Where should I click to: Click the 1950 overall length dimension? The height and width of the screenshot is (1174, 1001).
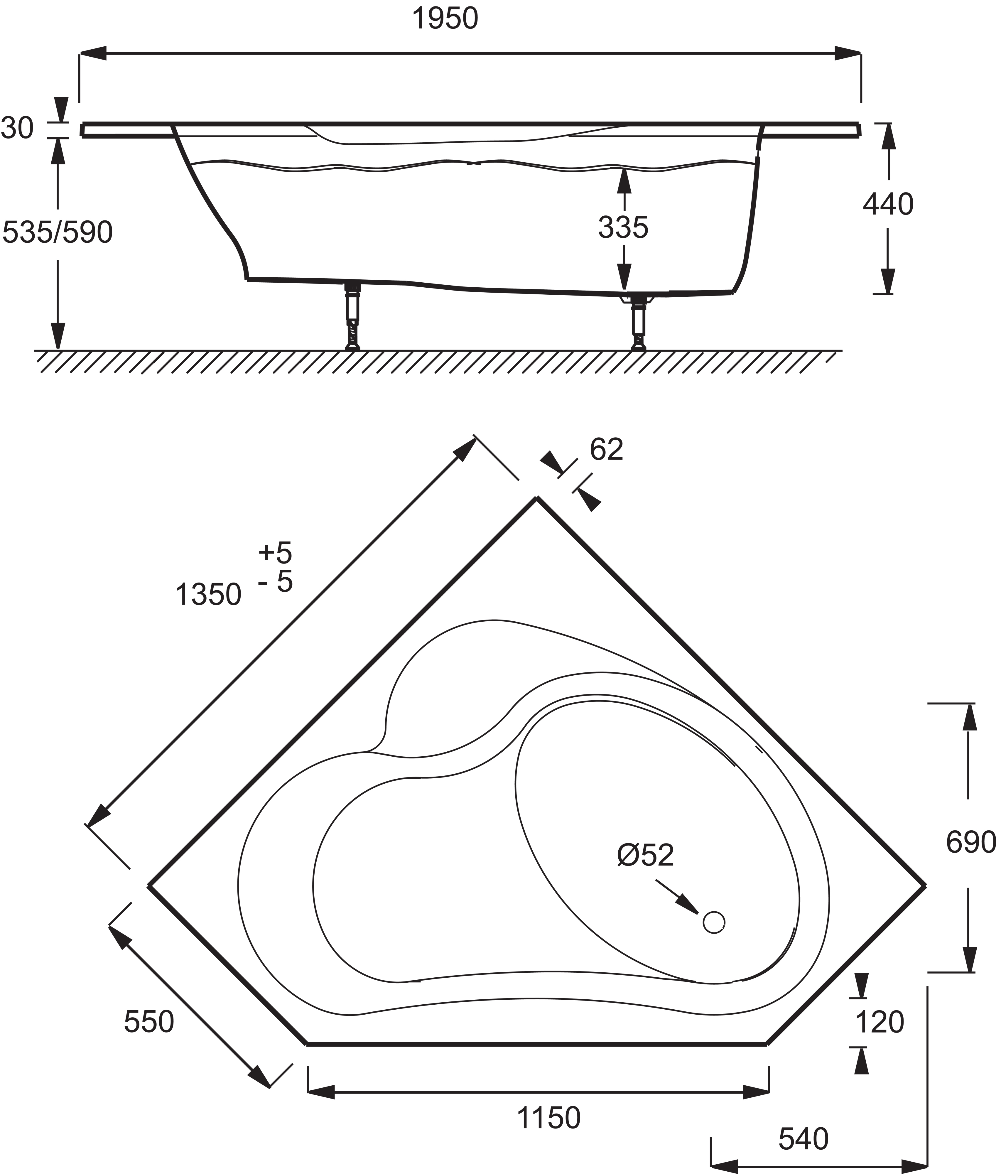pyautogui.click(x=445, y=19)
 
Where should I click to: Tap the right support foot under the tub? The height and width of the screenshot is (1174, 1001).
pyautogui.click(x=639, y=322)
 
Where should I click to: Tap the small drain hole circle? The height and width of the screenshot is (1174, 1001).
pyautogui.click(x=714, y=922)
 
